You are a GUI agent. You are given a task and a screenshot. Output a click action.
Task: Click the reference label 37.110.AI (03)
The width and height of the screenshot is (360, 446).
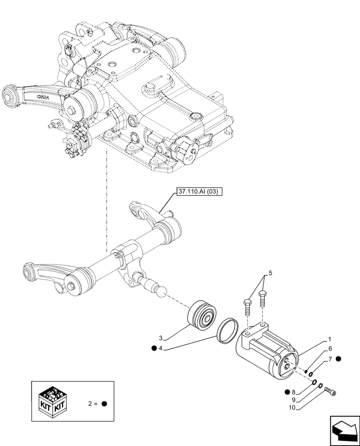(x=198, y=192)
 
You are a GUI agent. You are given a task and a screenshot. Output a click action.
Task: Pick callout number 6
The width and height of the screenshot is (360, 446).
(x=330, y=349)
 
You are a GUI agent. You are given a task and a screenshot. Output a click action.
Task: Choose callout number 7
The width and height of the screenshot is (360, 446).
(x=330, y=359)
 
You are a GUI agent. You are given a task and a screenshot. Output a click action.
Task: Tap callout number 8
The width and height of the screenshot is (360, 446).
(x=294, y=392)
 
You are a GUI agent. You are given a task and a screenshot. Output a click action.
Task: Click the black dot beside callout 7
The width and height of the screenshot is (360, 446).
(x=339, y=359)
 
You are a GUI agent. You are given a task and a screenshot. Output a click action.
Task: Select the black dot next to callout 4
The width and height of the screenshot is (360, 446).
(x=154, y=349)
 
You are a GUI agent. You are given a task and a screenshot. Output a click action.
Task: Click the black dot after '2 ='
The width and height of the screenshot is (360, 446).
(x=104, y=404)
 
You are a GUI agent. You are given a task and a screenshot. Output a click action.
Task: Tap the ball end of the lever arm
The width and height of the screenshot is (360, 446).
(x=161, y=291)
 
